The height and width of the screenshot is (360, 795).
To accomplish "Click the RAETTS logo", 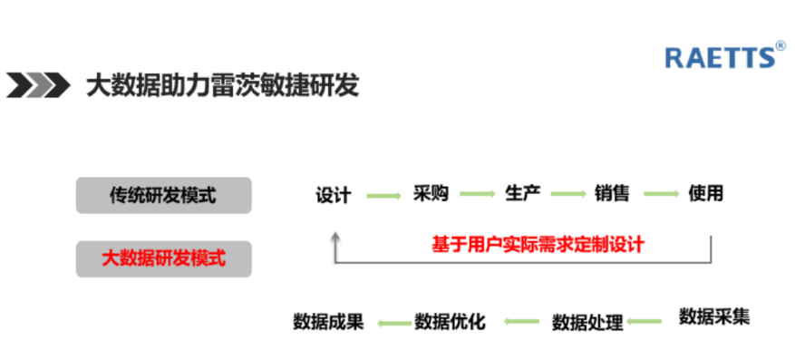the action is coord(720,56).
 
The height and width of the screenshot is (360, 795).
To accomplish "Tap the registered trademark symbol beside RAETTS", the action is coord(780,44).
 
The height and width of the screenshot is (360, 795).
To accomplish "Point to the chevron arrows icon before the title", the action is coord(38,85).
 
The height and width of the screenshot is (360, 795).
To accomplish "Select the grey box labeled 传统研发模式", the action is coord(163,195).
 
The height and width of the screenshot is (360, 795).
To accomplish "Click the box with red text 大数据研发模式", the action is coord(163,258).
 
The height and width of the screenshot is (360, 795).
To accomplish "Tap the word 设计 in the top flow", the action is coord(334,195).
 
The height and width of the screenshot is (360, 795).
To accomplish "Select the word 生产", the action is coord(522,194).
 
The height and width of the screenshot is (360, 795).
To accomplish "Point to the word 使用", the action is coord(705,194).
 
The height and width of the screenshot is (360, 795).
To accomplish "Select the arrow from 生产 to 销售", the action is coord(567,195).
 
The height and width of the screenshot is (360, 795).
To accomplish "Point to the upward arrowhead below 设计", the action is coord(335,238).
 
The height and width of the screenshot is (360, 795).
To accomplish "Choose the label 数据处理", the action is coord(587,322).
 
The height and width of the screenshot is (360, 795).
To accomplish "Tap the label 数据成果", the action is coord(329,322).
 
